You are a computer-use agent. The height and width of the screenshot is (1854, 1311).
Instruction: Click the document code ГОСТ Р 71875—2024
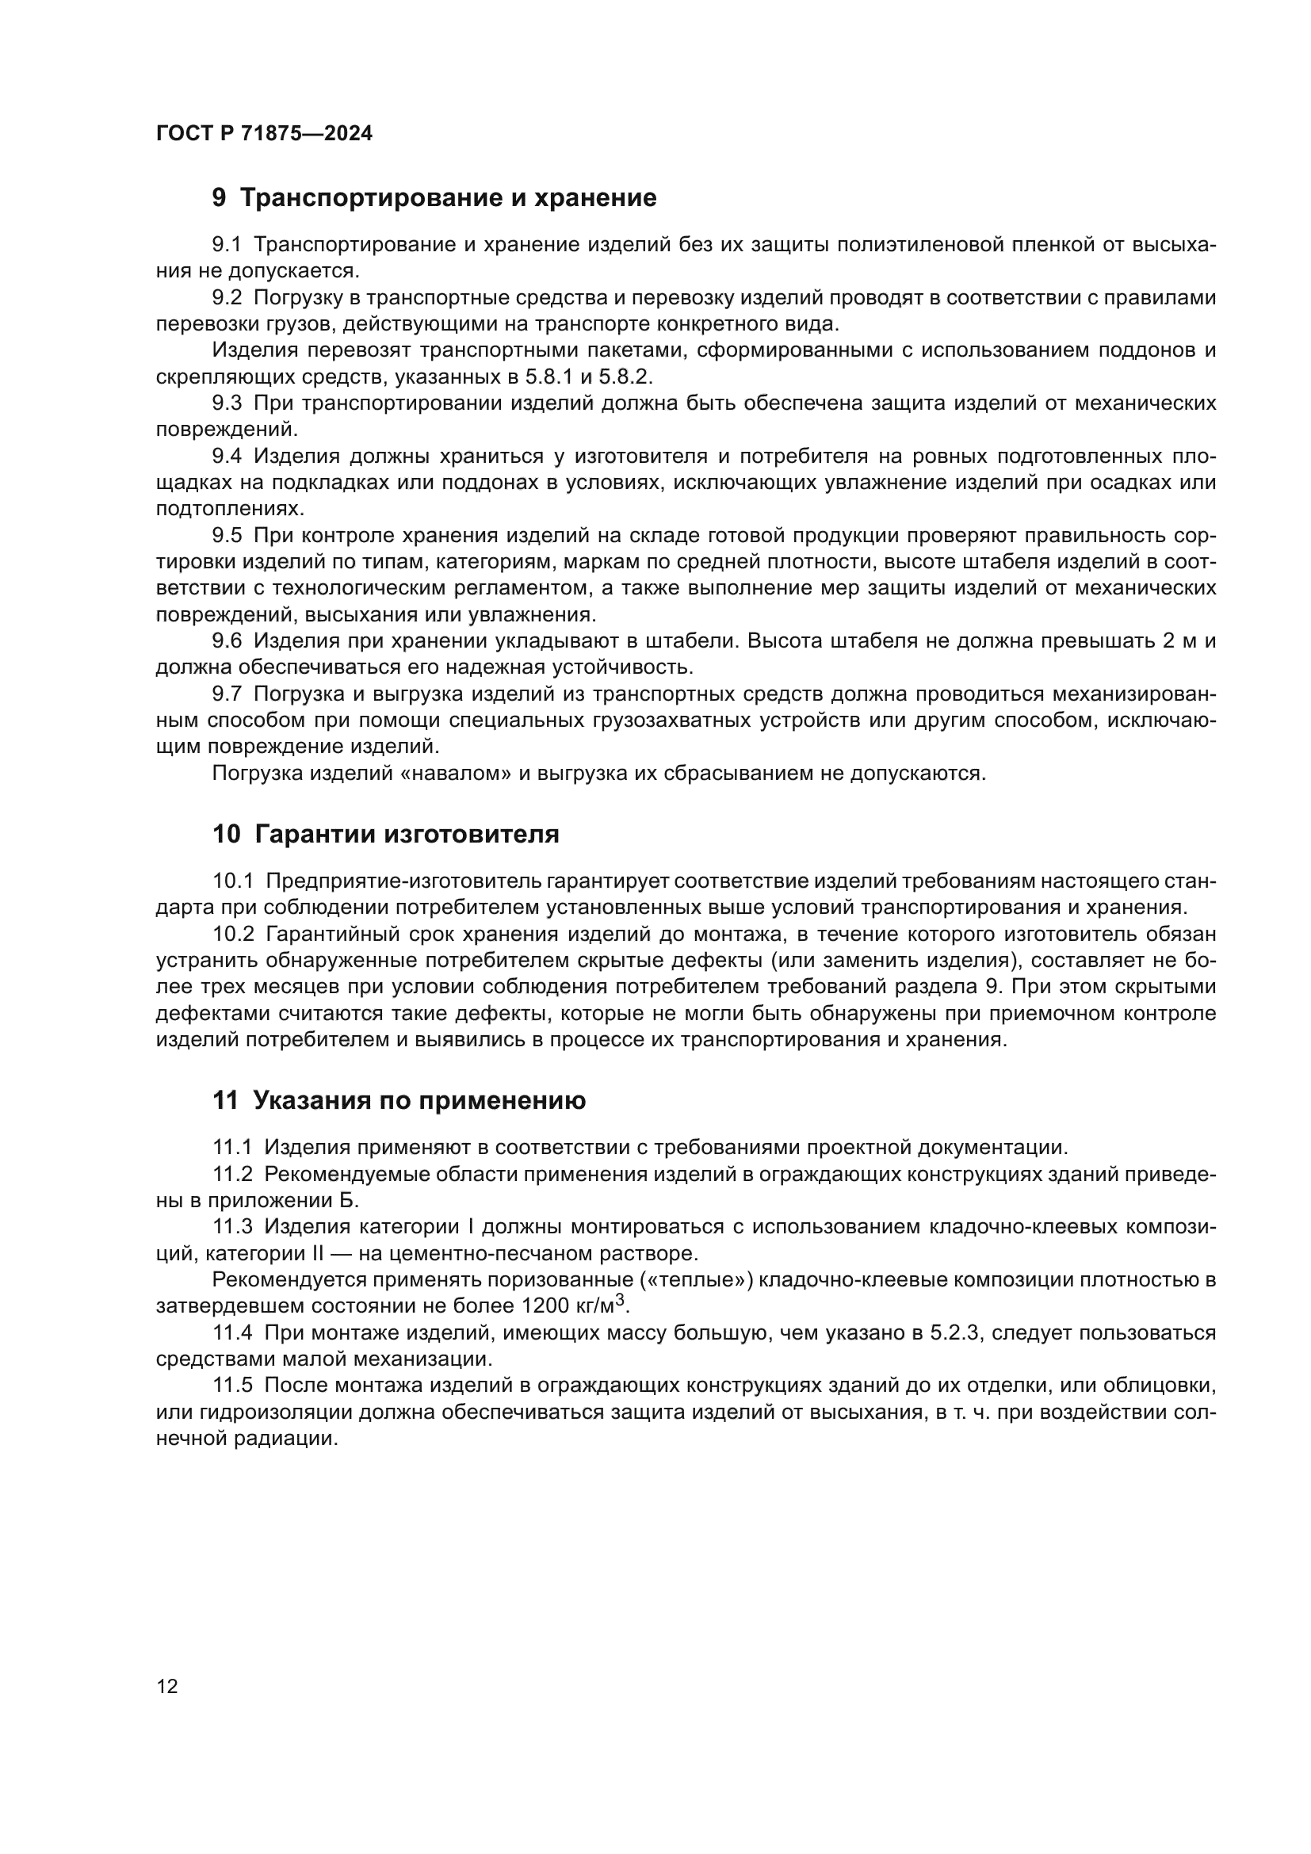coord(264,134)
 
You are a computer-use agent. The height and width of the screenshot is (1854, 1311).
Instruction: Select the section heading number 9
coord(219,198)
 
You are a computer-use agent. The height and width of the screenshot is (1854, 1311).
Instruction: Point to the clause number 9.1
coord(227,245)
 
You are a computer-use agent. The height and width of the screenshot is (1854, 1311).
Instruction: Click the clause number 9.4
coord(227,457)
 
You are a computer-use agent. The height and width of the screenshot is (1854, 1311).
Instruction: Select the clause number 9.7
coord(227,694)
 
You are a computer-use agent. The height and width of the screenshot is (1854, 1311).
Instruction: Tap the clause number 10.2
coord(233,935)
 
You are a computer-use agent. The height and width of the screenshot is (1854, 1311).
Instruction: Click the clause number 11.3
coord(232,1226)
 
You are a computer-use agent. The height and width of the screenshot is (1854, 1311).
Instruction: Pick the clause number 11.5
coord(232,1385)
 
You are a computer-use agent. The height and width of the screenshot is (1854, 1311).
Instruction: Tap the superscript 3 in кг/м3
coord(620,1299)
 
